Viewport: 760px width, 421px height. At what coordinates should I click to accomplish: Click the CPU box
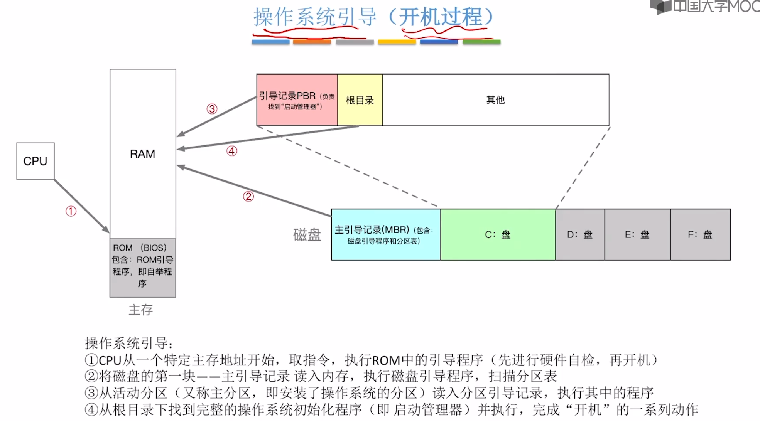pyautogui.click(x=35, y=161)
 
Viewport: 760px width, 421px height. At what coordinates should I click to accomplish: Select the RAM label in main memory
pyautogui.click(x=142, y=154)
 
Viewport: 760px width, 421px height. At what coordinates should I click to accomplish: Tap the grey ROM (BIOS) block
pyautogui.click(x=142, y=267)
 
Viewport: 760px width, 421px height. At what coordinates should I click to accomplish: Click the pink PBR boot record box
pyautogui.click(x=297, y=100)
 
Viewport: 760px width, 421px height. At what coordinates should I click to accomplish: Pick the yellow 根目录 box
pyautogui.click(x=360, y=100)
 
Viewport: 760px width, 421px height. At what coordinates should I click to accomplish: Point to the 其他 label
pyautogui.click(x=495, y=100)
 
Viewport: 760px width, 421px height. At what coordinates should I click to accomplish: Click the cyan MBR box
pyautogui.click(x=385, y=234)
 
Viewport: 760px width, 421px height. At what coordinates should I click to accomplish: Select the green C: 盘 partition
pyautogui.click(x=498, y=234)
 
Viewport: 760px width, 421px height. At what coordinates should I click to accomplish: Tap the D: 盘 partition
pyautogui.click(x=580, y=234)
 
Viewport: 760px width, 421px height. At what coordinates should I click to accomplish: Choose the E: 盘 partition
pyautogui.click(x=637, y=234)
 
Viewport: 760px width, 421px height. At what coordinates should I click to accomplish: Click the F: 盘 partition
pyautogui.click(x=700, y=234)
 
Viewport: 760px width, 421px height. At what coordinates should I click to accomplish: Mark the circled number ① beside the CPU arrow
pyautogui.click(x=71, y=211)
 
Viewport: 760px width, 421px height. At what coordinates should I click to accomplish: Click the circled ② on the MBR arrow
pyautogui.click(x=248, y=197)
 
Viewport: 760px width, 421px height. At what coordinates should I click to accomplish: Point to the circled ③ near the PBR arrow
pyautogui.click(x=212, y=109)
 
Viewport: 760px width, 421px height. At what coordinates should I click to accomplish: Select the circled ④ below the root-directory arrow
pyautogui.click(x=231, y=151)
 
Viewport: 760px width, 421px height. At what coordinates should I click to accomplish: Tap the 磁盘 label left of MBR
pyautogui.click(x=307, y=234)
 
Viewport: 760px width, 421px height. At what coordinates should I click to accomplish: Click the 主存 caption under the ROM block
pyautogui.click(x=141, y=310)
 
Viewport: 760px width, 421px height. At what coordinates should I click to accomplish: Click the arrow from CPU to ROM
pyautogui.click(x=81, y=206)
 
